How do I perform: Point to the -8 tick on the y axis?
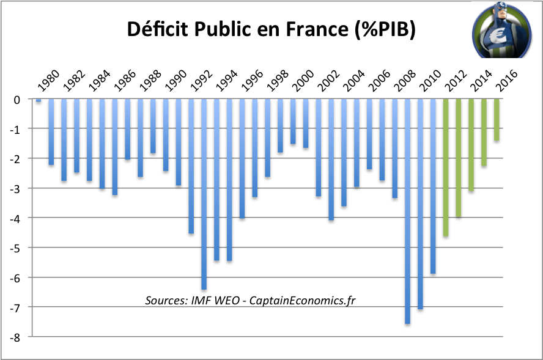pos(17,337)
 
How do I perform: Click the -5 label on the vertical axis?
pos(17,248)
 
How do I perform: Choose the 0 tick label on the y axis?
pos(18,99)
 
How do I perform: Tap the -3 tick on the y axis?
pos(17,188)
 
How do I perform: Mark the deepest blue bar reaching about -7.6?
pos(408,211)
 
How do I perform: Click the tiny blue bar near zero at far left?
pos(39,100)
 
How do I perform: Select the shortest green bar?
pos(497,120)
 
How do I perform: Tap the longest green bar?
pos(446,167)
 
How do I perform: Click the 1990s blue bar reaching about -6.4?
pos(204,194)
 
